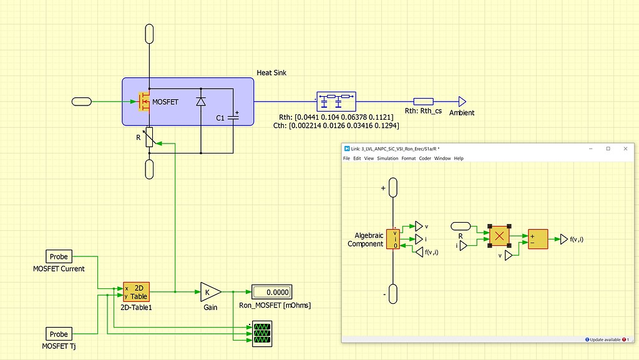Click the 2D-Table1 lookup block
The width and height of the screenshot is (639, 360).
[136, 291]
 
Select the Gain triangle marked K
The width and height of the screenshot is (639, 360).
[210, 291]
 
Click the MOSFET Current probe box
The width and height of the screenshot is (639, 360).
[59, 256]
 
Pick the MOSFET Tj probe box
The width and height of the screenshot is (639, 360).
[59, 334]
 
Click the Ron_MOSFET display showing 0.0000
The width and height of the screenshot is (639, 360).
[271, 291]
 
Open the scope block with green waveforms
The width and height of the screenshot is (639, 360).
[261, 333]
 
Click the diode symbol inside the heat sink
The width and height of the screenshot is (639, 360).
[200, 101]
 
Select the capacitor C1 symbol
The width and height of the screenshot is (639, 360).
[233, 117]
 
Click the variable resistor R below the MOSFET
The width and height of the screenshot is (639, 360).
[149, 138]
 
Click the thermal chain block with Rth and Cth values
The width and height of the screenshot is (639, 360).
[336, 100]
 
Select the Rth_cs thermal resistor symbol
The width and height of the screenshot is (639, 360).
[424, 101]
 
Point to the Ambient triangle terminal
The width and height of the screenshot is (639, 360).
[462, 101]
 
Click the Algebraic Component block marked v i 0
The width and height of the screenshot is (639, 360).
[394, 239]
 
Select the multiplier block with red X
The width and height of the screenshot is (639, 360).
[499, 236]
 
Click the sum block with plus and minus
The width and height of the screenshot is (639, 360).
[538, 239]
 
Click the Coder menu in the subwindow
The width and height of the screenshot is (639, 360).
[425, 158]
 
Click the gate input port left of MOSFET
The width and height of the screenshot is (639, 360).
[82, 101]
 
